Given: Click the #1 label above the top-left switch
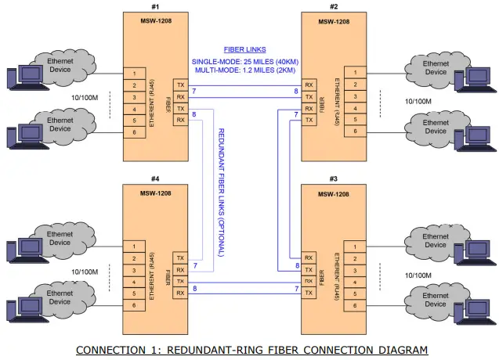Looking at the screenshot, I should tap(155, 6).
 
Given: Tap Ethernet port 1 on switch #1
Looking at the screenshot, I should tap(134, 74).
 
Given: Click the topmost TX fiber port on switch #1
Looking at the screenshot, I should tap(181, 84).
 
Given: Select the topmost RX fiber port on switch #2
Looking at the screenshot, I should tap(309, 85).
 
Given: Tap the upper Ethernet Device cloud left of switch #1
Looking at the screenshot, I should tap(60, 65).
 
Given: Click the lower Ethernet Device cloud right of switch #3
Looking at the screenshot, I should tap(436, 301).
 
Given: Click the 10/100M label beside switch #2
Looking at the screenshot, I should tap(421, 100).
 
